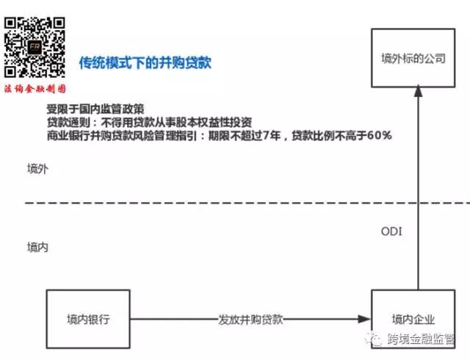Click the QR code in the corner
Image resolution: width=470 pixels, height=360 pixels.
(x=34, y=41)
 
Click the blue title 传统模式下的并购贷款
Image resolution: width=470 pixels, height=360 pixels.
(x=145, y=62)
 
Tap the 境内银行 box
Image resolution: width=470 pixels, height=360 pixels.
(x=87, y=320)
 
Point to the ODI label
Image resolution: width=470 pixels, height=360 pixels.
(x=391, y=231)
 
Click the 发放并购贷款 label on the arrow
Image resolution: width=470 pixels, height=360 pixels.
(x=250, y=320)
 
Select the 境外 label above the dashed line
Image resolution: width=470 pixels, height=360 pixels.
(x=37, y=169)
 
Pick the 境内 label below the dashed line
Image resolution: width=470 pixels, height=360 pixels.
(x=37, y=247)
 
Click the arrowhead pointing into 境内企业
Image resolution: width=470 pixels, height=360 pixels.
(x=365, y=320)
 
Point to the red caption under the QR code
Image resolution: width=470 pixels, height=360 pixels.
(x=35, y=87)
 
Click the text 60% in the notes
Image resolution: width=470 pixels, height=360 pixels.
(x=378, y=135)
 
